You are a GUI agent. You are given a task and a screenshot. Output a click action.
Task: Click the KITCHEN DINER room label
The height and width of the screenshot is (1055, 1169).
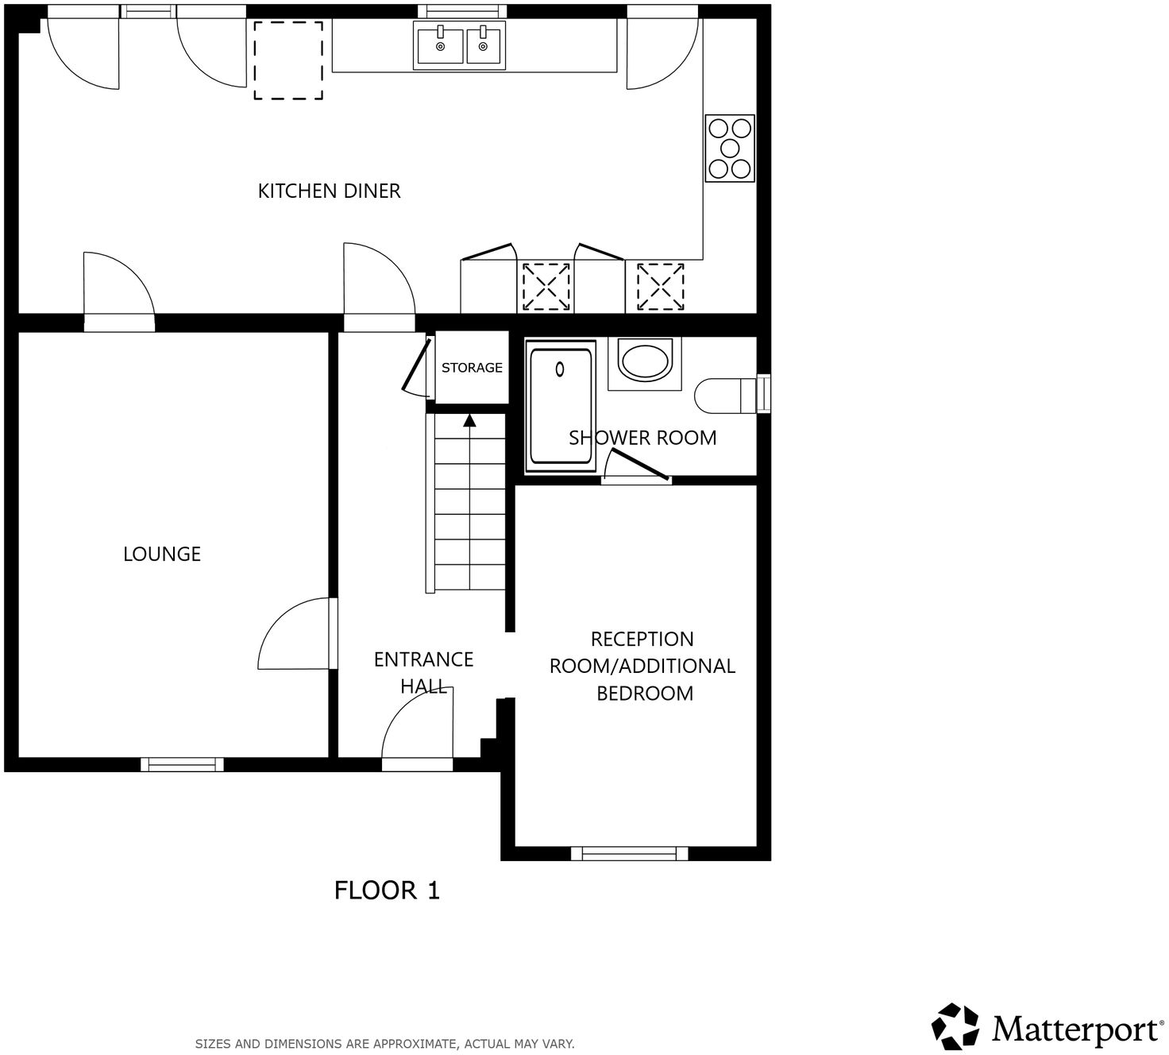click(329, 191)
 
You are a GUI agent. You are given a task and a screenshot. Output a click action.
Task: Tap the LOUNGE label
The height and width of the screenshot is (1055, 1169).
click(161, 554)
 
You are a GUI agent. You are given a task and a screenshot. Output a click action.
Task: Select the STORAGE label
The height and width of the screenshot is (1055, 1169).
click(472, 368)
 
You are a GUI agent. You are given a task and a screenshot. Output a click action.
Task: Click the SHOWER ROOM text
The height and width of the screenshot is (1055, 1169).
click(642, 438)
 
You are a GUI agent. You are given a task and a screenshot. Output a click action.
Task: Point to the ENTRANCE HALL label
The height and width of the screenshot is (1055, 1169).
click(423, 672)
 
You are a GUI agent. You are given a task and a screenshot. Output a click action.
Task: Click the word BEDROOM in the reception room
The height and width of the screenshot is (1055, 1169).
click(644, 694)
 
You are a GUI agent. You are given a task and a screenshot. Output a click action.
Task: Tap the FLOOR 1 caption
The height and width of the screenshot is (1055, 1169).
click(387, 891)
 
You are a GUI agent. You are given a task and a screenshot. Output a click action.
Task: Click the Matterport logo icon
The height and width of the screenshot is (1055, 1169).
click(955, 1026)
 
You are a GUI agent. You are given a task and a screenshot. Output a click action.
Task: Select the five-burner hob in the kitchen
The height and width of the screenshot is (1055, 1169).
click(730, 149)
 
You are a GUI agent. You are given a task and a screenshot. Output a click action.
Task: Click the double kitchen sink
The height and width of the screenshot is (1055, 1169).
click(459, 45)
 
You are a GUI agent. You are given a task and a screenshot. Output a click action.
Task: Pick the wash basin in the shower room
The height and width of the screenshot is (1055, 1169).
click(646, 361)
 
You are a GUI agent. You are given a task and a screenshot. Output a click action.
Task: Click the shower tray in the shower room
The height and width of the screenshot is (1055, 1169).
click(561, 405)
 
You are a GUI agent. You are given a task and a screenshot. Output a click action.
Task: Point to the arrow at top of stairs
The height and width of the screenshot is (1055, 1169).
click(469, 420)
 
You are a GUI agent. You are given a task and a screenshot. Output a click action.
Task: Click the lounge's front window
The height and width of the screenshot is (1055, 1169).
click(182, 764)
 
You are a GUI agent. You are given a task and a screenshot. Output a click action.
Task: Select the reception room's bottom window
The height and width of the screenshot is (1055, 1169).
click(629, 853)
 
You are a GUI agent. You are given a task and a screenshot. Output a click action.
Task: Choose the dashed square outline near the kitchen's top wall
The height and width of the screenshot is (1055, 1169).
click(288, 60)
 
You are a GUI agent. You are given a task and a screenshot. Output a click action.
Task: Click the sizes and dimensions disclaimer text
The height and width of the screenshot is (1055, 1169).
click(384, 1044)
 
